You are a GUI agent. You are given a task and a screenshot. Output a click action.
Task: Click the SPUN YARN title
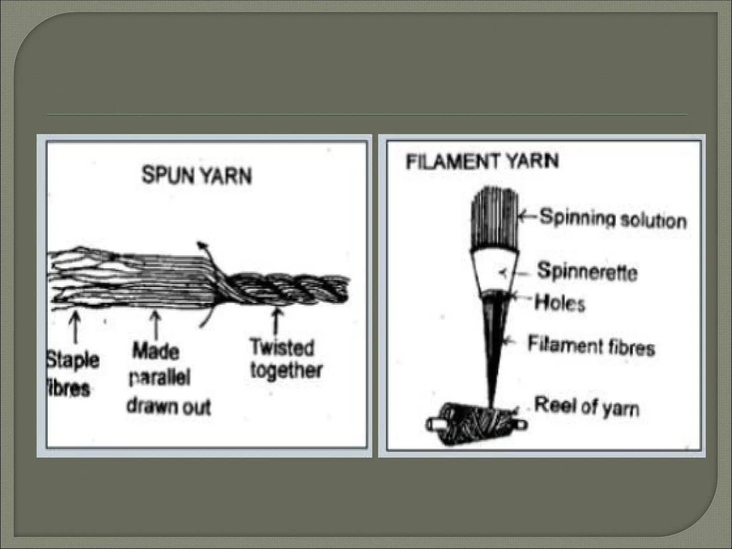tap(197, 176)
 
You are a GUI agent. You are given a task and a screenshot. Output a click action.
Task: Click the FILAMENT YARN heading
tap(482, 161)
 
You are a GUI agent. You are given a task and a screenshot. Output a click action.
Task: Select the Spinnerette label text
tap(587, 272)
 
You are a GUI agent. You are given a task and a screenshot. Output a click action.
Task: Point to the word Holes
tap(560, 303)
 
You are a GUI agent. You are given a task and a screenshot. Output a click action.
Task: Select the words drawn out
tap(169, 407)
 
